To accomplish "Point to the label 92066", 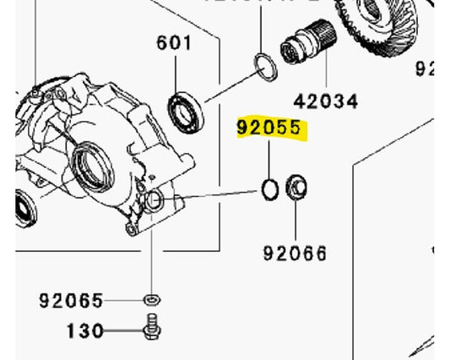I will point(295,253).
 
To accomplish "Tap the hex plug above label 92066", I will point(296,188).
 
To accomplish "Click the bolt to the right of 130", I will point(153,326).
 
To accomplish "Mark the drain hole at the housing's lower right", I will point(155,200).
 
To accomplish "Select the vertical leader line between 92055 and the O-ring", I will point(269,161).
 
